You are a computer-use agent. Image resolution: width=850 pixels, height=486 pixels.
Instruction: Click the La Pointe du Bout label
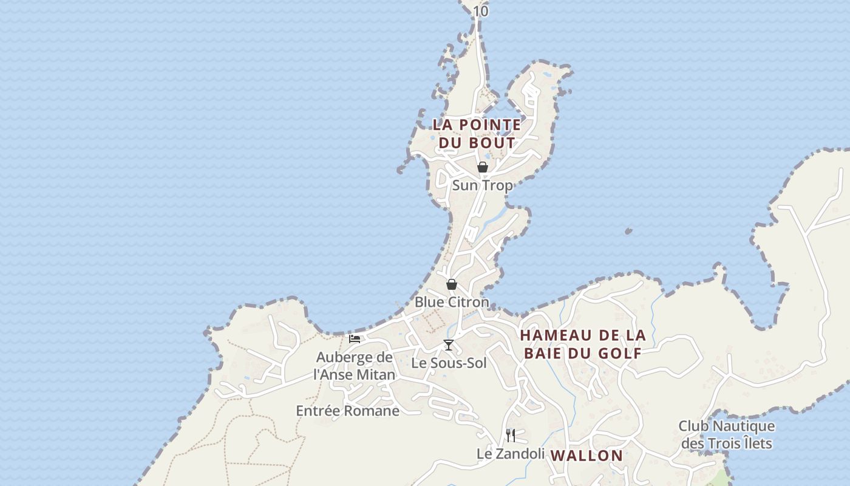pyautogui.click(x=477, y=134)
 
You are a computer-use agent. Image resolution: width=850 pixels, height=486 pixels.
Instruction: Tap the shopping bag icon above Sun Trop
pyautogui.click(x=483, y=167)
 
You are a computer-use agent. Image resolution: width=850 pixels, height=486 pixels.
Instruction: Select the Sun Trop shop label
pyautogui.click(x=483, y=185)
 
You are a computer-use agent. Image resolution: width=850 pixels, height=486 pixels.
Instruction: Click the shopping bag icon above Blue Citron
pyautogui.click(x=451, y=284)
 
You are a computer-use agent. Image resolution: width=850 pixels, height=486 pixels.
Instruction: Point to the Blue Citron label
pyautogui.click(x=452, y=302)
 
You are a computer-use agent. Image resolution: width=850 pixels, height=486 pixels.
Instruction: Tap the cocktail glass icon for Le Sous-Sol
pyautogui.click(x=449, y=345)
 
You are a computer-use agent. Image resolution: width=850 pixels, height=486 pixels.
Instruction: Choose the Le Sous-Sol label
pyautogui.click(x=449, y=363)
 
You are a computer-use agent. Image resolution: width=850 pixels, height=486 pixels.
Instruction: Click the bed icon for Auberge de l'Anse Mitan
pyautogui.click(x=355, y=338)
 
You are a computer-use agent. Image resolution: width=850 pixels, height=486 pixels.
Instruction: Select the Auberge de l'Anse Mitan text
pyautogui.click(x=355, y=366)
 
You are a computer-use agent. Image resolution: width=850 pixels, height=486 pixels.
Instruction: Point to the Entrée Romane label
pyautogui.click(x=348, y=411)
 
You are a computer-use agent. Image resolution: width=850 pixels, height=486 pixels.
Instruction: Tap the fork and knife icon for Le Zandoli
pyautogui.click(x=511, y=435)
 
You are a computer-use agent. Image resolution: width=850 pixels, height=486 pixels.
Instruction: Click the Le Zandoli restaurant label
pyautogui.click(x=511, y=453)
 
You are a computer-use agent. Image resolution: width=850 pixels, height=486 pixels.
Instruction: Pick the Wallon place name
pyautogui.click(x=586, y=456)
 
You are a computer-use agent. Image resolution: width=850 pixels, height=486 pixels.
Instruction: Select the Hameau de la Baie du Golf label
pyautogui.click(x=583, y=344)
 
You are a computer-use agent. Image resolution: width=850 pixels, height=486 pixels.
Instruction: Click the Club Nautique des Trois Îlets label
pyautogui.click(x=727, y=434)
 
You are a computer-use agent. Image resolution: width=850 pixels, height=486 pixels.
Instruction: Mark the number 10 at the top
pyautogui.click(x=481, y=11)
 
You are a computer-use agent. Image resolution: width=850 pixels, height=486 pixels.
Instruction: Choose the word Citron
pyautogui.click(x=469, y=302)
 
